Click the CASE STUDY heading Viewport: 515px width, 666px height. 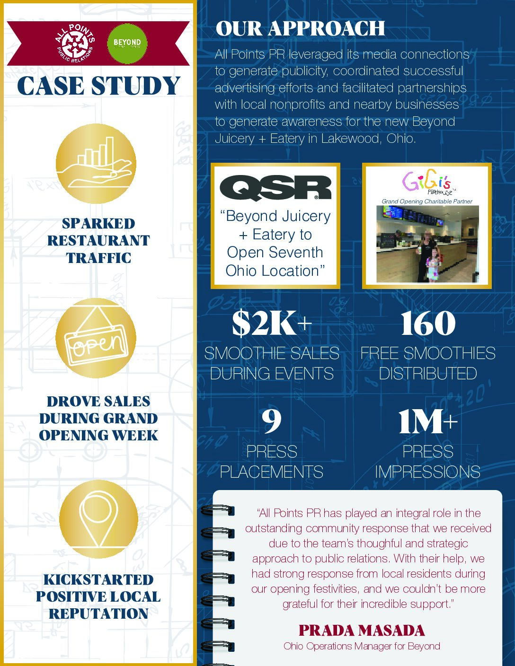(x=98, y=86)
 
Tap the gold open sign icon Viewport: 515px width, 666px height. (x=96, y=338)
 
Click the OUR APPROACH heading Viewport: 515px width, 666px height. (x=300, y=28)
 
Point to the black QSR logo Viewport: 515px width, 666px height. (x=275, y=188)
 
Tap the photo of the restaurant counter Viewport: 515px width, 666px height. (x=427, y=244)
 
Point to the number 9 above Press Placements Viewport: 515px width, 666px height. (x=272, y=421)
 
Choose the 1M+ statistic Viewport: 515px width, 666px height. (x=428, y=421)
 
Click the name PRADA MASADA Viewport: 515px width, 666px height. (x=362, y=631)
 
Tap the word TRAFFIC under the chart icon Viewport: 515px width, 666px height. (x=98, y=258)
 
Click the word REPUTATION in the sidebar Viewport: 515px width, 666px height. (x=98, y=613)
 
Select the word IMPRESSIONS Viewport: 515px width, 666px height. (x=428, y=472)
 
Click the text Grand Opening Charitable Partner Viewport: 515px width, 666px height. (x=427, y=202)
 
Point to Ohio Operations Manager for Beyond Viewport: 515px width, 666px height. (x=362, y=646)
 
